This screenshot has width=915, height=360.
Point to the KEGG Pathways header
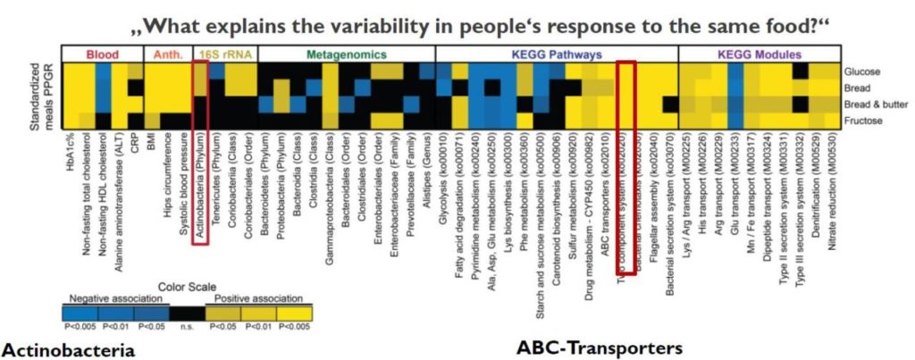coord(557,54)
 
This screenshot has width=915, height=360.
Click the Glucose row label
coord(862,71)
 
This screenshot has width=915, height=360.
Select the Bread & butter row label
coord(874,103)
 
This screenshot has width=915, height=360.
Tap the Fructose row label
coord(863,119)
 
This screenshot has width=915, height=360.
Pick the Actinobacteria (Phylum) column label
coord(197,179)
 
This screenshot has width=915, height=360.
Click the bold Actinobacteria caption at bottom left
coord(68,348)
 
